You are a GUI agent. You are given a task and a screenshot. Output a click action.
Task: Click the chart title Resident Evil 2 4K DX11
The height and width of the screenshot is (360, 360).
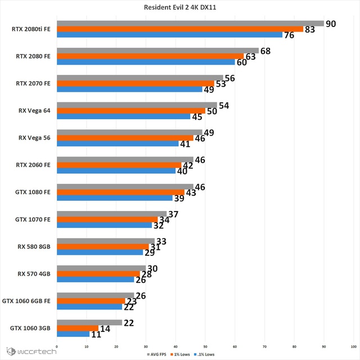[x=180, y=7]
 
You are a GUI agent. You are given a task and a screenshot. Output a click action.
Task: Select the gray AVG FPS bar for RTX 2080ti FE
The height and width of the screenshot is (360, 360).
[x=190, y=24]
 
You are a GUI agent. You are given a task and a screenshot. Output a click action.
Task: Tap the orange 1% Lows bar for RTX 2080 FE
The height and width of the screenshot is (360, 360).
[x=150, y=56]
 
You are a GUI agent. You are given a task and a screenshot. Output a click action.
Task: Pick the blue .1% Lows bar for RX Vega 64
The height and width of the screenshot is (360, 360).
[x=124, y=116]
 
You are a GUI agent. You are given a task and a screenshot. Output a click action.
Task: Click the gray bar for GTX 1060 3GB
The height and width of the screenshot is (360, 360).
[x=89, y=322]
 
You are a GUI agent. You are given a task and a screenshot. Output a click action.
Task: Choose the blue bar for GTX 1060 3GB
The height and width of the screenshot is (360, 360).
[x=73, y=334]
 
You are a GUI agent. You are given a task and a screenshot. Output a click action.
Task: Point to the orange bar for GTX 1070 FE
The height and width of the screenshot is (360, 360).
[x=107, y=219]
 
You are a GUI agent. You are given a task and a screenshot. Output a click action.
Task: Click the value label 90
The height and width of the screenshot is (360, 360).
[x=331, y=24]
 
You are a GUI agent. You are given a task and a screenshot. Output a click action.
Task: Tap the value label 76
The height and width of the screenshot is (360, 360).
[x=289, y=35]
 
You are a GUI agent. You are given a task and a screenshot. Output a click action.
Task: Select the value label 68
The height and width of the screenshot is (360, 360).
[x=265, y=51]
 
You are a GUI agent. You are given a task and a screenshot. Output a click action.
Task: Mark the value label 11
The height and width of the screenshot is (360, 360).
[x=96, y=335]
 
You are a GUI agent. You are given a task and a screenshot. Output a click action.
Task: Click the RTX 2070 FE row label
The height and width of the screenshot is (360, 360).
[x=33, y=83]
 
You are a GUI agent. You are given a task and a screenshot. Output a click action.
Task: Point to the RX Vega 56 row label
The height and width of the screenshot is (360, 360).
[x=34, y=138]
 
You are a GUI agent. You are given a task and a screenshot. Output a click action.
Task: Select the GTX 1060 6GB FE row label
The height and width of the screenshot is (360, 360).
[x=26, y=301]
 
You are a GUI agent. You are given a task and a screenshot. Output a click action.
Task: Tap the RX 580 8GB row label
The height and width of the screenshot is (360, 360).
[x=34, y=246]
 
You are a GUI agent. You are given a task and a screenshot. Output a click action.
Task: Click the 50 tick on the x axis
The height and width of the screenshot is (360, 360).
[x=205, y=346]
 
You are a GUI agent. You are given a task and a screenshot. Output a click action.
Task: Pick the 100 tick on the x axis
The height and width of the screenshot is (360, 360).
[x=354, y=346]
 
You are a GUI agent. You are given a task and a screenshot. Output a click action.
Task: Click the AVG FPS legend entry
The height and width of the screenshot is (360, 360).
[x=156, y=354]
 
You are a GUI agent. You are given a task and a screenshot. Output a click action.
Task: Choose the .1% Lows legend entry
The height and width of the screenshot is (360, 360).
[x=204, y=354]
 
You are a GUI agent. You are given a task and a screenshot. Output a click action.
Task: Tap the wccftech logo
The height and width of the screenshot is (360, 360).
[x=31, y=352]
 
